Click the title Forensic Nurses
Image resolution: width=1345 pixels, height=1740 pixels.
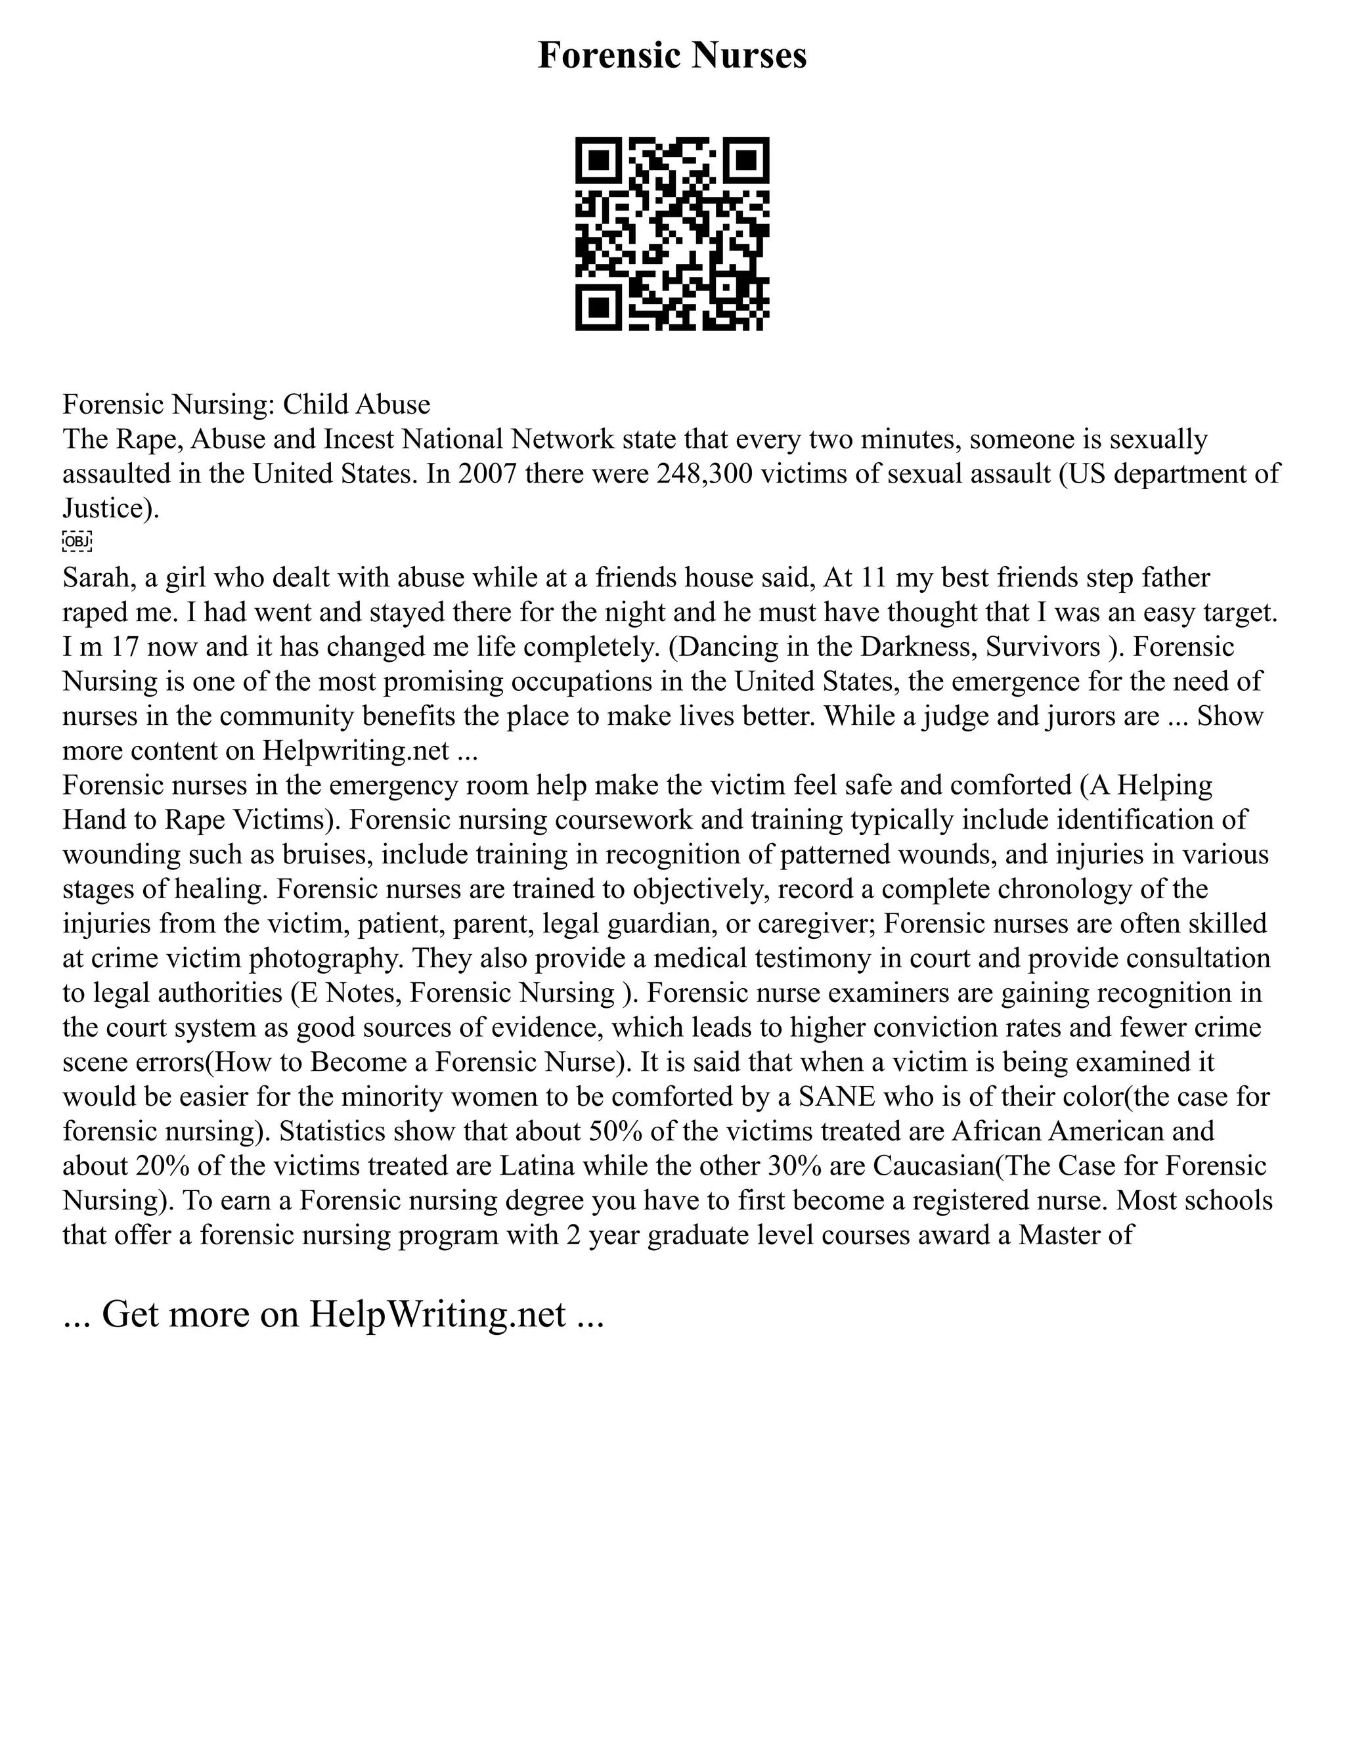[x=672, y=56]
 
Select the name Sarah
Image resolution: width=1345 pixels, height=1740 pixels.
[x=95, y=578]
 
